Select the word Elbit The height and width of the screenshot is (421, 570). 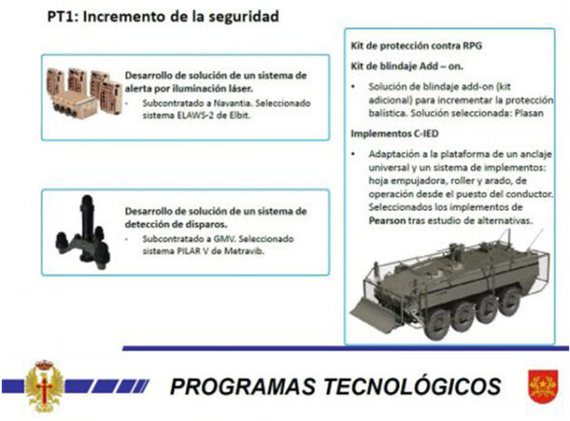point(240,116)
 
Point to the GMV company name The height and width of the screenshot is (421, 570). point(224,239)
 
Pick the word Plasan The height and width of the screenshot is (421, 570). point(529,113)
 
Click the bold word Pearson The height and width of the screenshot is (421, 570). point(387,220)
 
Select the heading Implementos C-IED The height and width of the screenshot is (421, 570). point(394,134)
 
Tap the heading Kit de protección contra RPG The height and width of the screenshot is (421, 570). point(416,46)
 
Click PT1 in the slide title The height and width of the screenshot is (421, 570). point(62,17)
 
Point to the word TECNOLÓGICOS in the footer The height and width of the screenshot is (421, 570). point(413,386)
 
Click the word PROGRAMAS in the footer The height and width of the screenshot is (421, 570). point(243,386)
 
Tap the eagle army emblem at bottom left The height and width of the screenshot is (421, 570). point(44,386)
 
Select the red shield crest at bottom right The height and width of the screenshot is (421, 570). point(543,387)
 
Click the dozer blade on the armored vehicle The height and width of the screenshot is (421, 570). point(372,314)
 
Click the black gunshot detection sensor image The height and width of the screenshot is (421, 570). point(83,233)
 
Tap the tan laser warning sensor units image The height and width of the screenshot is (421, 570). point(84,93)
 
